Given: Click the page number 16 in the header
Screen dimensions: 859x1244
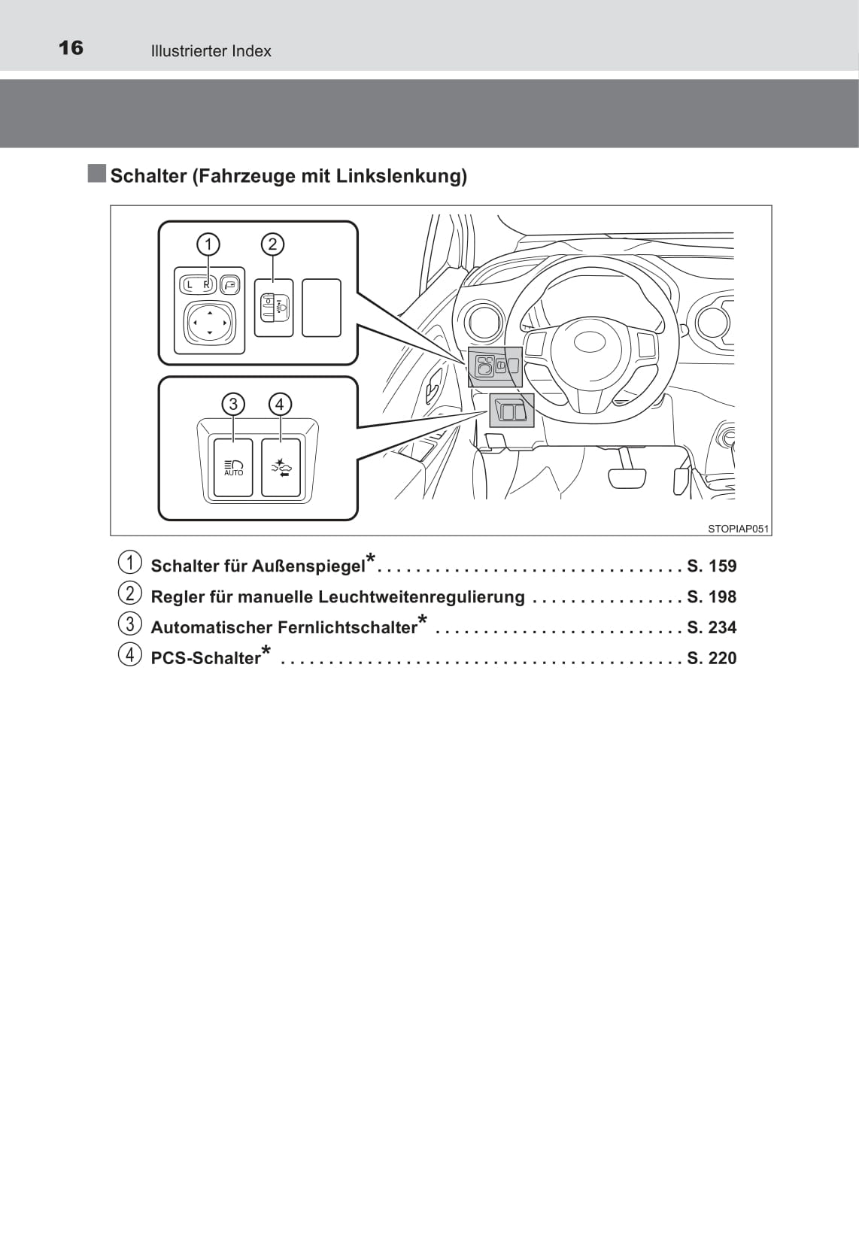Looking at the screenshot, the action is click(71, 48).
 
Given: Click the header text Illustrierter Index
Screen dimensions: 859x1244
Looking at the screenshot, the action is click(211, 51).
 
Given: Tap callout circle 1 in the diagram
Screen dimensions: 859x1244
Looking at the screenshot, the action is click(208, 244).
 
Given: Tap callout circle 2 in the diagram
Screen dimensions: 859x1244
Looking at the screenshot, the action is click(272, 244).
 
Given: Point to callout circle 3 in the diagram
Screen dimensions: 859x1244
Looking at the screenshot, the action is click(233, 404).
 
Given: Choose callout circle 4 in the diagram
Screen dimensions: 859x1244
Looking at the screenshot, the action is click(280, 404).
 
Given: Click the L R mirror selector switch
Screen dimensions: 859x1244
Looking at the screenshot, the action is click(198, 285).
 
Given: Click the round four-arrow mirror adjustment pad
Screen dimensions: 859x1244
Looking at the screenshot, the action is click(209, 323).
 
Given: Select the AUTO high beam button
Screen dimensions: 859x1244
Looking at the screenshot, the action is click(233, 468).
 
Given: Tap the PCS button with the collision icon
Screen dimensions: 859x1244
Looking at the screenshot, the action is click(281, 468).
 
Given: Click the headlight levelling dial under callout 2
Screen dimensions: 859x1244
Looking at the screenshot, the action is click(274, 308).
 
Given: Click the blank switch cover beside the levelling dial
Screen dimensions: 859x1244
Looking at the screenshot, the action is click(321, 308).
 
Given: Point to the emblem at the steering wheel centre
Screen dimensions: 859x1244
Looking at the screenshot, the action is click(589, 342).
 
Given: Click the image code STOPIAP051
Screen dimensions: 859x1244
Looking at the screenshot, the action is click(738, 529).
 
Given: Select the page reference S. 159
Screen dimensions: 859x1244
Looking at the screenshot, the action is click(712, 566).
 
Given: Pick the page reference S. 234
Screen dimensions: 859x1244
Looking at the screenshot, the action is click(712, 627).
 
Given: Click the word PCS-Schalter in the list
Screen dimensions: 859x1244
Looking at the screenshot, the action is click(206, 658).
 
